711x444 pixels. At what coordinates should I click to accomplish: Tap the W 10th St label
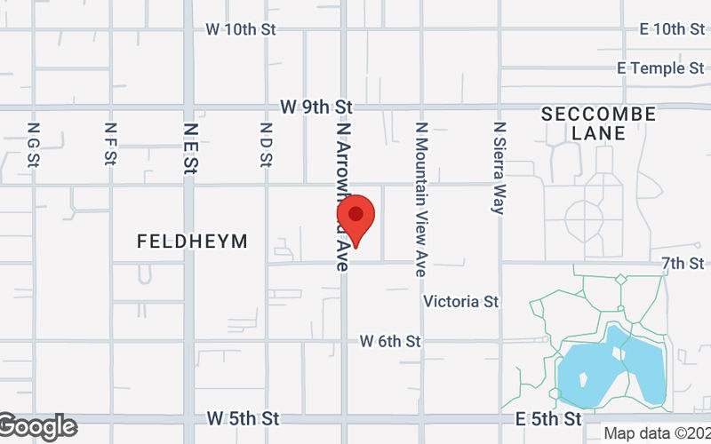point(241,29)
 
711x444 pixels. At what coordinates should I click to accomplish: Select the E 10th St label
point(672,29)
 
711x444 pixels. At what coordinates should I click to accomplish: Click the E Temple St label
point(659,68)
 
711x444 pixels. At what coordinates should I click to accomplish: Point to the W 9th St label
point(316,107)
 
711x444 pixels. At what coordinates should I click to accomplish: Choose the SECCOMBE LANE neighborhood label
point(598,123)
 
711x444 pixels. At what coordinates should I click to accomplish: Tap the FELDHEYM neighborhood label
point(192,242)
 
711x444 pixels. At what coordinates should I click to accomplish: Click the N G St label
point(34,145)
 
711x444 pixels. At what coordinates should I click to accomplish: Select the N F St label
point(110,145)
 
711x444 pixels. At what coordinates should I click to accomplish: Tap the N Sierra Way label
point(499,168)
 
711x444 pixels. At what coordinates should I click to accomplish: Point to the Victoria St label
point(460,302)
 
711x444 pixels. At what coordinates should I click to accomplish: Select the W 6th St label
point(390,341)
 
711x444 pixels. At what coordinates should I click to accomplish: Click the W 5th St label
point(243,417)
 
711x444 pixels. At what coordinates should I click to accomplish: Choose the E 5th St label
point(551,417)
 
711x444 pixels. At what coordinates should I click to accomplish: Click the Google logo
point(37,426)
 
